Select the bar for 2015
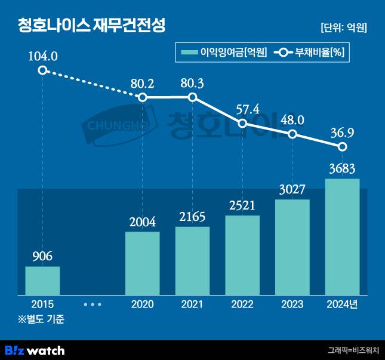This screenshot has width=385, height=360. pyautogui.click(x=42, y=280)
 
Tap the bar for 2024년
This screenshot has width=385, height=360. pyautogui.click(x=342, y=236)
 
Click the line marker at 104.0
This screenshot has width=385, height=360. pyautogui.click(x=42, y=70)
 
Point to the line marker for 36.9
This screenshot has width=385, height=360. pyautogui.click(x=342, y=146)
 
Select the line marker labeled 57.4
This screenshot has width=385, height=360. pyautogui.click(x=242, y=124)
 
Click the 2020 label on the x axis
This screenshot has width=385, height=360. pyautogui.click(x=142, y=304)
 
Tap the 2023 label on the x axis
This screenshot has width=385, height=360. pyautogui.click(x=292, y=304)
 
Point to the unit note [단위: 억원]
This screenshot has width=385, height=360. pyautogui.click(x=343, y=27)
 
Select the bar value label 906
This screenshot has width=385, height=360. pyautogui.click(x=42, y=256)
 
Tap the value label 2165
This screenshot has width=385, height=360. pyautogui.click(x=192, y=217)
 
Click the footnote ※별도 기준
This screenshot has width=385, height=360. pyautogui.click(x=41, y=319)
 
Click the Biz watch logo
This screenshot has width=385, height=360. pyautogui.click(x=35, y=350)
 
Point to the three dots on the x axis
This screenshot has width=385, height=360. pyautogui.click(x=93, y=304)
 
